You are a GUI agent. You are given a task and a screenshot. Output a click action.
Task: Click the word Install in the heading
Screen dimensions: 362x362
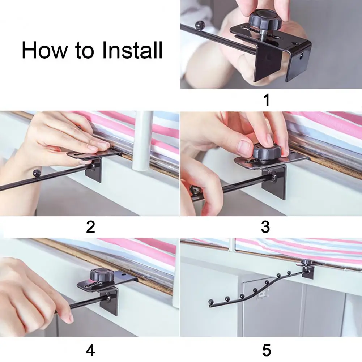pyautogui.click(x=132, y=50)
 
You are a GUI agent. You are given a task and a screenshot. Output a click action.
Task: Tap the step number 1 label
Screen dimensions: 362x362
pyautogui.click(x=267, y=100)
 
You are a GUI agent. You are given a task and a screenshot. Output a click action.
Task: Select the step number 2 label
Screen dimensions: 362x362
pyautogui.click(x=90, y=227)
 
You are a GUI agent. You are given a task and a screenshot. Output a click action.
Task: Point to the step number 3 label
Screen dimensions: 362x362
pyautogui.click(x=266, y=227)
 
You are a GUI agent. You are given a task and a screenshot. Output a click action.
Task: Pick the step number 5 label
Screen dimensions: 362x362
pyautogui.click(x=267, y=350)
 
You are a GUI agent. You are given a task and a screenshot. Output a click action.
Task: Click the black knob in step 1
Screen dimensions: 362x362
pyautogui.click(x=264, y=21)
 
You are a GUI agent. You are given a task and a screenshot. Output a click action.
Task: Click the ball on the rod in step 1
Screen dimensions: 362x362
pyautogui.click(x=200, y=25)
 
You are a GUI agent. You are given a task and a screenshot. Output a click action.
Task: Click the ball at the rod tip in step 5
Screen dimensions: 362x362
pyautogui.click(x=210, y=301)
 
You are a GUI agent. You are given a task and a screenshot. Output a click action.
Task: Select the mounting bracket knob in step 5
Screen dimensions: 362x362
pyautogui.click(x=307, y=262)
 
